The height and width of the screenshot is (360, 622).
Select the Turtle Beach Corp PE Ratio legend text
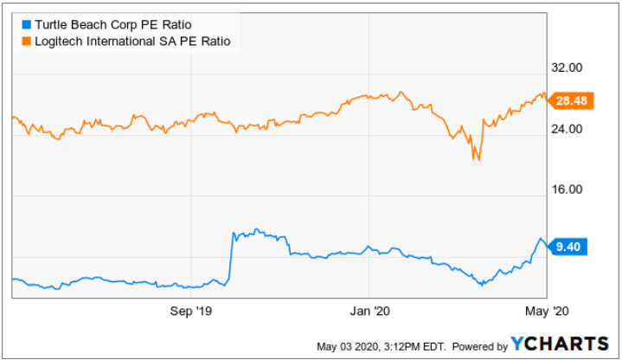[99, 25]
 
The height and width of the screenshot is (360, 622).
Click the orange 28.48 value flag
[570, 101]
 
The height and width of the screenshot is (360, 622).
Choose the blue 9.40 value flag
[567, 247]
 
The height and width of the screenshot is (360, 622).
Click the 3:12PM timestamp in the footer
[403, 346]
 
